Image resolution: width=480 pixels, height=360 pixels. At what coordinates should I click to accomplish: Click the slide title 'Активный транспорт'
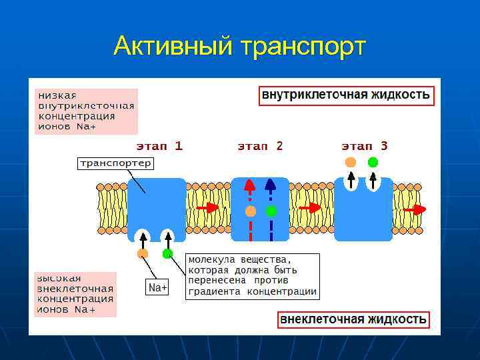(x=240, y=47)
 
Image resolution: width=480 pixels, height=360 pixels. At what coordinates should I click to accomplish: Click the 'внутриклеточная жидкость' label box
(x=346, y=95)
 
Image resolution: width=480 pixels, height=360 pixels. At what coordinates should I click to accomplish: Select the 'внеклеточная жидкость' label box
(x=353, y=319)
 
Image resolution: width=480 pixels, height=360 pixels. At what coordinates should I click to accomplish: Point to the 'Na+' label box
(x=157, y=287)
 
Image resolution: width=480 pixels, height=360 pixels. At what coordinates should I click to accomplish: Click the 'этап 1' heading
(x=159, y=145)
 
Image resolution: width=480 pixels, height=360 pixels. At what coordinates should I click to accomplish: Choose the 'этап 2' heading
(x=260, y=145)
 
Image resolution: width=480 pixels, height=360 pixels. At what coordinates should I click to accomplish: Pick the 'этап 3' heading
(x=364, y=145)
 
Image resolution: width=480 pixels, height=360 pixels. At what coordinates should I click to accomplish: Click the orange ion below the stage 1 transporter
(x=142, y=253)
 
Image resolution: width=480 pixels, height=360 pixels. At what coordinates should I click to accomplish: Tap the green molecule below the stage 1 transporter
(x=167, y=253)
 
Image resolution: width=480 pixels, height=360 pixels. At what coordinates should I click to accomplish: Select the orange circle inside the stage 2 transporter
(x=250, y=211)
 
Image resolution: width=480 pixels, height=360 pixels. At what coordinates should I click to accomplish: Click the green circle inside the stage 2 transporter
(x=271, y=211)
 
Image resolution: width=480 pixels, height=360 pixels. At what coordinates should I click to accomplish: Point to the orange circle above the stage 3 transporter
(x=351, y=162)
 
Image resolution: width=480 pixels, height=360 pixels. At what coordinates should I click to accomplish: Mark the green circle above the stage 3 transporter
(x=373, y=162)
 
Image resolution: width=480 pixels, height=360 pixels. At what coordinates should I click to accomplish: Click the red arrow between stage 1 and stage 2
(x=208, y=207)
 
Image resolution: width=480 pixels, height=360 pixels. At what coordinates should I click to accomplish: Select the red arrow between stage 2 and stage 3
(x=310, y=208)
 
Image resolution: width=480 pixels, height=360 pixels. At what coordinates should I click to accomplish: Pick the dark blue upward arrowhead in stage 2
(x=271, y=185)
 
